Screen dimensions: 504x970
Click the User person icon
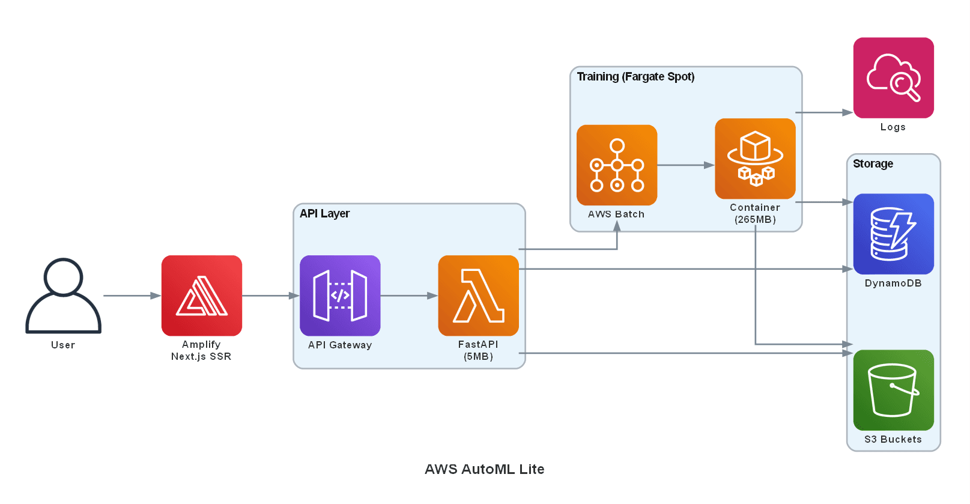(63, 296)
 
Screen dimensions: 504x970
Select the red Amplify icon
(201, 296)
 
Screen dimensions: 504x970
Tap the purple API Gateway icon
(340, 296)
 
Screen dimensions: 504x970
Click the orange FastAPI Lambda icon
(478, 296)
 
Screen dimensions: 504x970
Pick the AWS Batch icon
(616, 165)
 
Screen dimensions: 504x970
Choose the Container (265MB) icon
(755, 159)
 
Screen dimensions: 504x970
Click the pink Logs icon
(893, 78)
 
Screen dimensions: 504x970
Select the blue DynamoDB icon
(893, 234)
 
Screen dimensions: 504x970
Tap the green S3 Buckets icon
(893, 390)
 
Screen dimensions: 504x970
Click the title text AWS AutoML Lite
(484, 469)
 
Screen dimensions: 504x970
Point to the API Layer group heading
(324, 214)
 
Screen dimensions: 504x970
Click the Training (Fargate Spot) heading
(635, 77)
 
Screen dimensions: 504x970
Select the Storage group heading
(873, 164)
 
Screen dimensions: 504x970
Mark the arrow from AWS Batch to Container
(685, 165)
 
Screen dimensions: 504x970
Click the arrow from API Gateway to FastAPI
(408, 296)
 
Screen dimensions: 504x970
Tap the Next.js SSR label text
(201, 357)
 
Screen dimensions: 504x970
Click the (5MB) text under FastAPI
(478, 357)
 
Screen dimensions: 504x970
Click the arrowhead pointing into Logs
(847, 112)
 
